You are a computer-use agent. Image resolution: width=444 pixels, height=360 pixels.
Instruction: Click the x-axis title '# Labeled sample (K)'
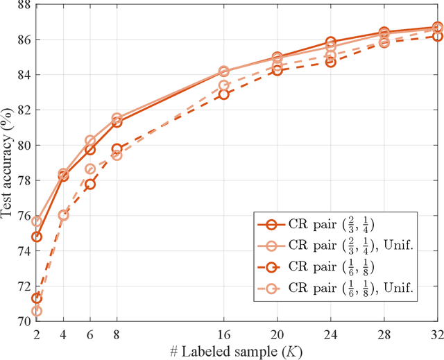point(237,350)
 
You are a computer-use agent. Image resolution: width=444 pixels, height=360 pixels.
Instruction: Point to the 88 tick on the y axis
point(22,4)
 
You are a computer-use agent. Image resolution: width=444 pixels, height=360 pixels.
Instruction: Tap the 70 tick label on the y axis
point(22,321)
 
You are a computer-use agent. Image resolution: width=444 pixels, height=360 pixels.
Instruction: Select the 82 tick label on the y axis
point(22,110)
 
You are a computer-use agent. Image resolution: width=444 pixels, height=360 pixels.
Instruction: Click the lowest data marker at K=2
point(37,311)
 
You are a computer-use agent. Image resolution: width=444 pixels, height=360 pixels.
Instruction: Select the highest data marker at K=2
point(37,221)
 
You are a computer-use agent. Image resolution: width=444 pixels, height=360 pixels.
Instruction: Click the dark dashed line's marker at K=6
point(90,184)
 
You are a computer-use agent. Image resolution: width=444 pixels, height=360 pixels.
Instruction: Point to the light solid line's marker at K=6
point(90,140)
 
